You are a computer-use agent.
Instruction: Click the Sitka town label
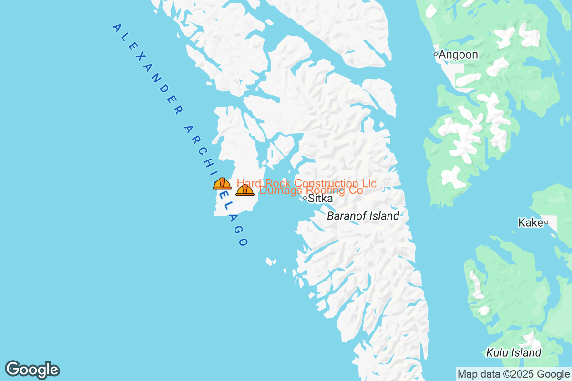[320, 199]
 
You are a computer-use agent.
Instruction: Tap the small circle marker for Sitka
[305, 198]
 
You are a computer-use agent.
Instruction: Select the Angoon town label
[458, 55]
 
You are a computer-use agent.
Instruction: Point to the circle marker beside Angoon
[436, 54]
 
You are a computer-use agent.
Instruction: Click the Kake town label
[531, 222]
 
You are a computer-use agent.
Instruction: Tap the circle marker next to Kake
[546, 222]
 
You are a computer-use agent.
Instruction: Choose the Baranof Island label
[363, 216]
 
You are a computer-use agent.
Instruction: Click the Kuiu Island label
[514, 353]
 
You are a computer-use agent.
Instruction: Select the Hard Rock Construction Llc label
[306, 183]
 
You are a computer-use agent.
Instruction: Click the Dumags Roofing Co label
[311, 190]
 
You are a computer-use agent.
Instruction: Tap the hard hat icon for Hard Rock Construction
[222, 183]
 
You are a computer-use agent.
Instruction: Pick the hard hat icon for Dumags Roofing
[245, 190]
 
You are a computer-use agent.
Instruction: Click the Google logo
[32, 370]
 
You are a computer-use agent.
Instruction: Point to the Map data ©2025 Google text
[513, 374]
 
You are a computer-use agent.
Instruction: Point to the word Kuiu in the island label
[497, 353]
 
